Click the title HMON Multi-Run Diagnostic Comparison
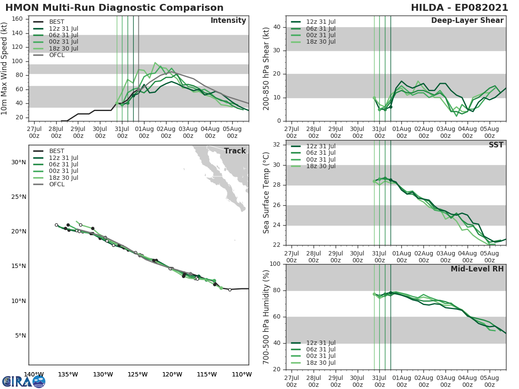114,8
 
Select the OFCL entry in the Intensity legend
57,55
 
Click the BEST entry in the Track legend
57,151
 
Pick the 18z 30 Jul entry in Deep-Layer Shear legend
320,41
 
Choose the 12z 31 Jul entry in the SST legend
320,146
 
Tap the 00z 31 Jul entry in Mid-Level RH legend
320,356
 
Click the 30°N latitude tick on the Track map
19,162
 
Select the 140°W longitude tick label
33,374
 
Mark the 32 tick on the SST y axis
276,145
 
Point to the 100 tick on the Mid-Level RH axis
275,264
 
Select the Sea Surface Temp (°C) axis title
266,192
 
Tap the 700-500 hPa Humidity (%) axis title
266,316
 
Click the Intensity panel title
228,21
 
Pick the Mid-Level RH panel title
477,269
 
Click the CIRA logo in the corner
23,381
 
